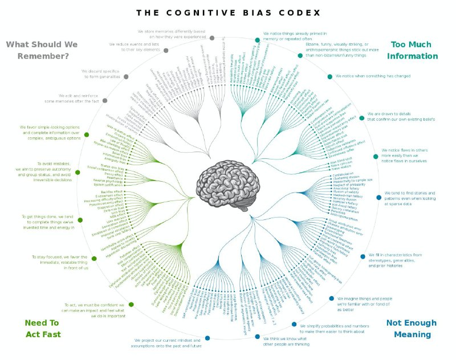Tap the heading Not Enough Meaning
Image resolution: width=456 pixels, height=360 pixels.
412,328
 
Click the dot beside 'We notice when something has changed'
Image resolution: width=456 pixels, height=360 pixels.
329,76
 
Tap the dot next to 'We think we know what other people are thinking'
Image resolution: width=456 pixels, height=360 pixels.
258,337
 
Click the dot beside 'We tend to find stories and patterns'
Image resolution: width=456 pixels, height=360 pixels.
378,198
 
